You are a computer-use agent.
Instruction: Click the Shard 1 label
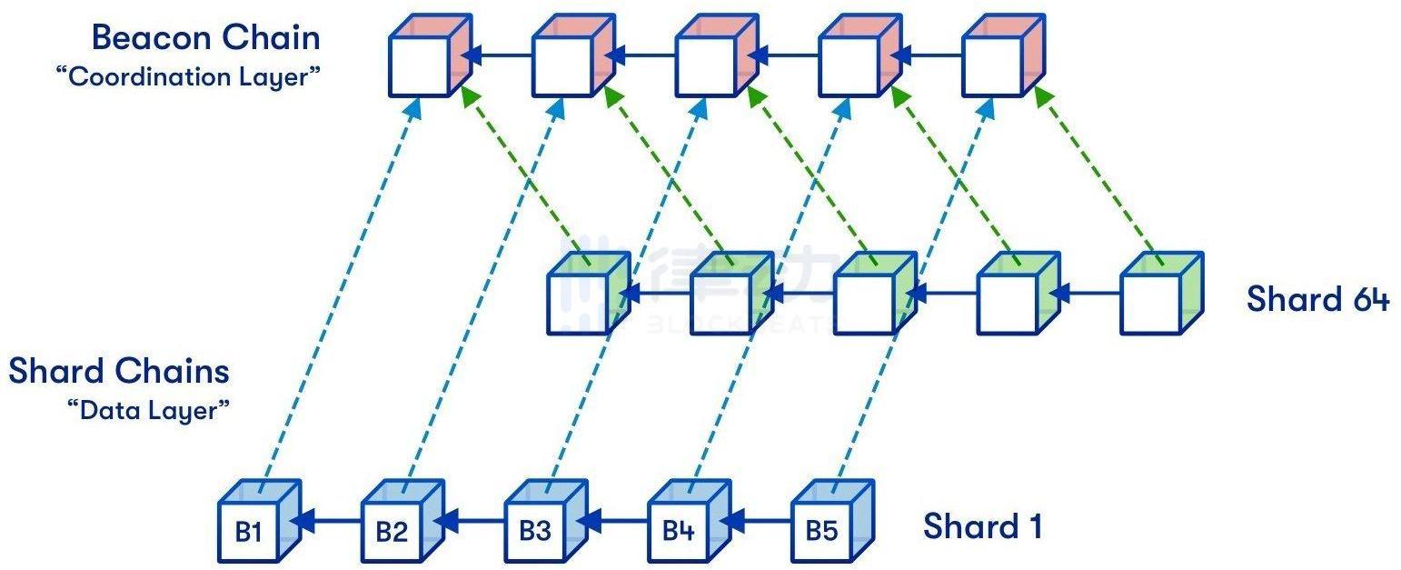tap(982, 526)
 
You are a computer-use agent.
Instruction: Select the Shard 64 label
tap(1317, 299)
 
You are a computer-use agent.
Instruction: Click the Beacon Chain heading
tap(206, 38)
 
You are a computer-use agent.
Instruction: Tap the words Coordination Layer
tap(189, 77)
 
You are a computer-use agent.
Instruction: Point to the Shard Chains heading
tap(119, 371)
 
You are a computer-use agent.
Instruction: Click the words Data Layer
tap(148, 410)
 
